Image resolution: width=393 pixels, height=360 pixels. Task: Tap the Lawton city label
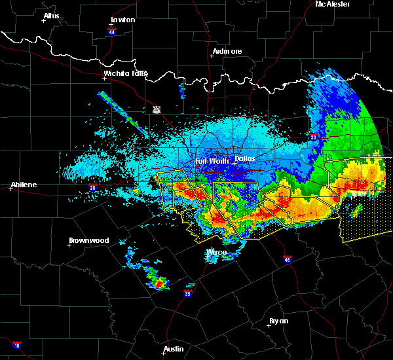(x=122, y=20)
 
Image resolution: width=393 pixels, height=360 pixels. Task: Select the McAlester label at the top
(x=332, y=4)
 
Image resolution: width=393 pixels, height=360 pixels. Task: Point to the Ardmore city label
(x=227, y=51)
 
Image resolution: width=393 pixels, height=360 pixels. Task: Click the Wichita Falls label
(x=125, y=73)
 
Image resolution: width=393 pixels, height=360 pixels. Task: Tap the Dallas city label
(x=245, y=158)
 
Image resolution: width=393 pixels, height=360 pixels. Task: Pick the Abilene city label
(x=23, y=185)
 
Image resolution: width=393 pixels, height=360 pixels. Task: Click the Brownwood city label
(x=88, y=240)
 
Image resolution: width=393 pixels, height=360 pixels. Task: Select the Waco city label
(x=216, y=252)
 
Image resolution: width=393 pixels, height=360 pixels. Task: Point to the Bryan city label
(x=278, y=321)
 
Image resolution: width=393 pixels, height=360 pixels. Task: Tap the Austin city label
(x=174, y=349)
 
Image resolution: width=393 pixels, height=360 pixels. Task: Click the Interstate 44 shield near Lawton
(x=113, y=31)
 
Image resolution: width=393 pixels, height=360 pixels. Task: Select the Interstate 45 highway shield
(x=287, y=259)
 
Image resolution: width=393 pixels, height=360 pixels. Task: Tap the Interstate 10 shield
(x=16, y=345)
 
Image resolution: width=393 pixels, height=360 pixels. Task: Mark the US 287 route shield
(x=157, y=109)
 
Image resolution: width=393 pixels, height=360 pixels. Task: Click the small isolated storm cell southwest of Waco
(x=159, y=283)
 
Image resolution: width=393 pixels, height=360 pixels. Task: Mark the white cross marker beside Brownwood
(x=69, y=245)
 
